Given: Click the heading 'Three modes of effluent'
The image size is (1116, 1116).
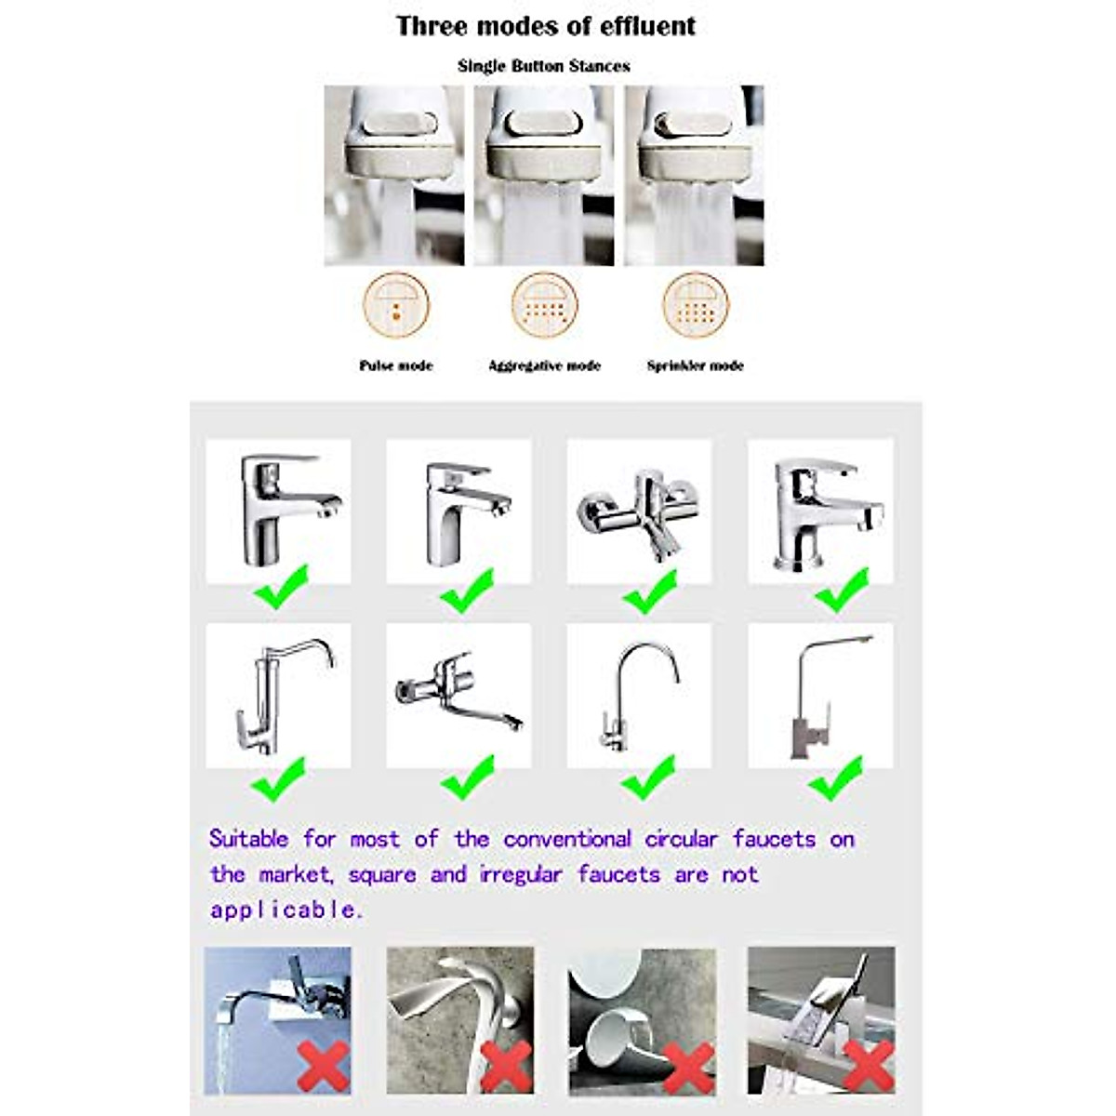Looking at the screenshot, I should tap(545, 26).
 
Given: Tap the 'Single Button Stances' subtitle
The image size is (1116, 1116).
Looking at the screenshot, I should tap(543, 66).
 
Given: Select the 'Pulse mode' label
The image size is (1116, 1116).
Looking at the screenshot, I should tap(396, 365).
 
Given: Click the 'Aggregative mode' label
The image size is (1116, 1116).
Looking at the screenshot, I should tap(544, 365).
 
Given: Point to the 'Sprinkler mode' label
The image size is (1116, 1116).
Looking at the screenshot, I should tap(695, 365).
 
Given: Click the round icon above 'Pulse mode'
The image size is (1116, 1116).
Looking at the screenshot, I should tap(396, 305).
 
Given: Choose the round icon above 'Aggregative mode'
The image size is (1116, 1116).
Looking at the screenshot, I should tap(544, 305).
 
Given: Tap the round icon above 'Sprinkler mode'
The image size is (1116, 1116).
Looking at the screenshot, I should tap(696, 305).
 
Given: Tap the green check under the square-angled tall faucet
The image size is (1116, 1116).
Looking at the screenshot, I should tap(835, 778).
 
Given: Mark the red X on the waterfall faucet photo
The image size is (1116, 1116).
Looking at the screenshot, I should tap(867, 1065).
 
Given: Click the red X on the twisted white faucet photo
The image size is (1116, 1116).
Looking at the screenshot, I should tap(506, 1066).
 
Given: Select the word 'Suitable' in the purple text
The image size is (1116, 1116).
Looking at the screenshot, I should tap(248, 839).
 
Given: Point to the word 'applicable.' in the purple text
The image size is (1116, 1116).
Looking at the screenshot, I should tap(286, 910).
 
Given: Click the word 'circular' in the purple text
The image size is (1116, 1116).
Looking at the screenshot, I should tap(681, 839).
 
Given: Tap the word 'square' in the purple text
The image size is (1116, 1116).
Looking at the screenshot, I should tap(381, 875).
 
